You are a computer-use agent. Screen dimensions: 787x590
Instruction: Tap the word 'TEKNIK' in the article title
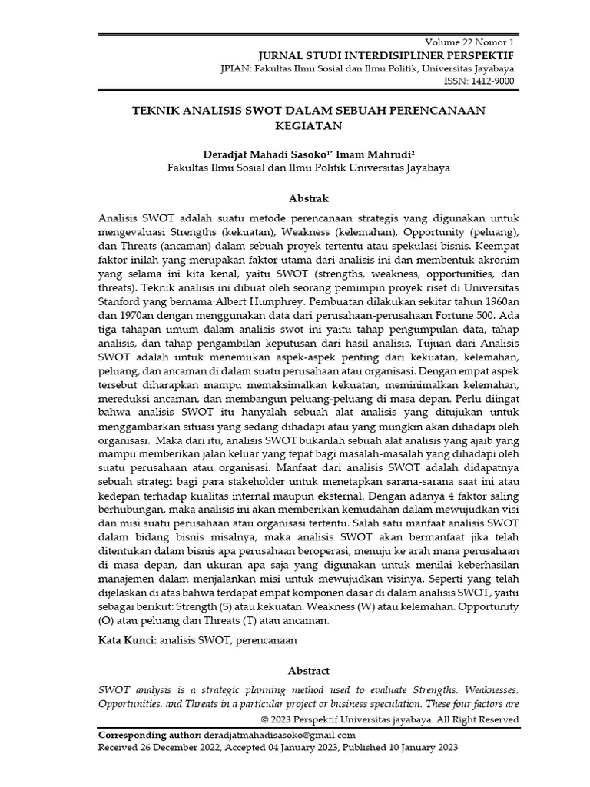pyautogui.click(x=157, y=110)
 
